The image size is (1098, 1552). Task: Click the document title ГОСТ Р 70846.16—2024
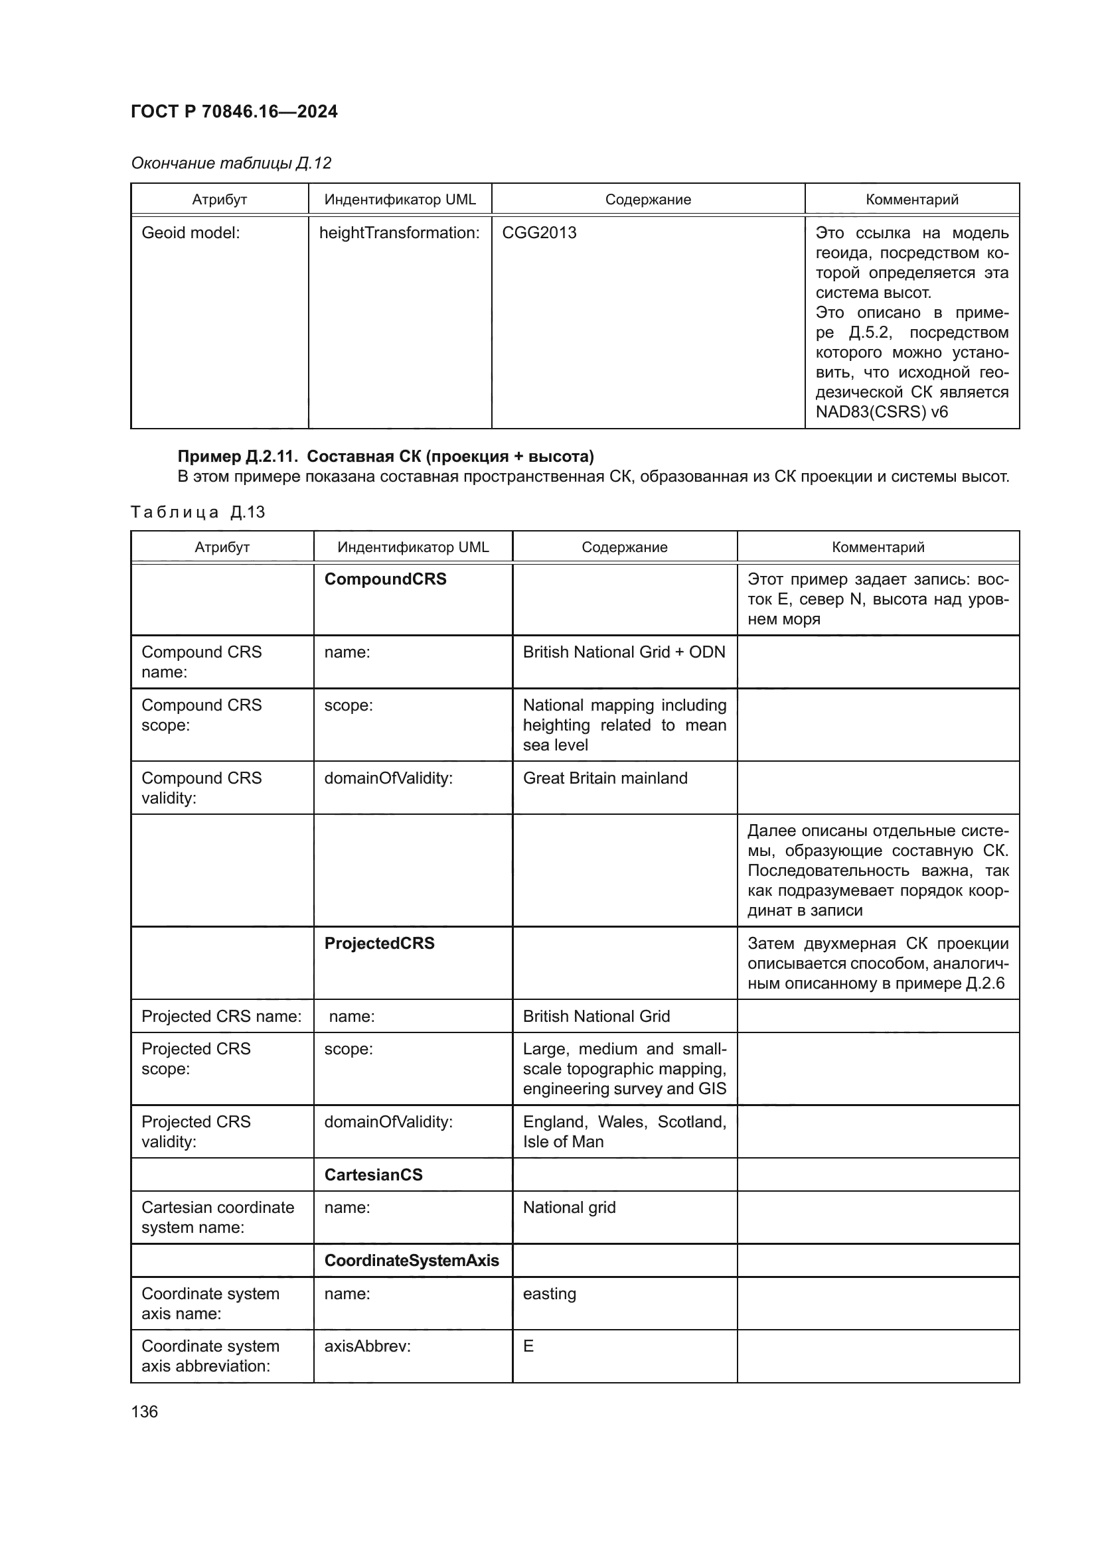click(x=234, y=111)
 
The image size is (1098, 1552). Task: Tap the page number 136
click(x=144, y=1411)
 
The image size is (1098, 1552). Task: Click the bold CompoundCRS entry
click(x=386, y=579)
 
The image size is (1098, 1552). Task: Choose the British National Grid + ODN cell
click(x=623, y=652)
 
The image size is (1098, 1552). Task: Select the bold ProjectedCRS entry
click(x=379, y=944)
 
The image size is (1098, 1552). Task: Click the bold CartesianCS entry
click(x=373, y=1175)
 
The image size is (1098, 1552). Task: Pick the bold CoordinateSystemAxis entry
click(x=411, y=1261)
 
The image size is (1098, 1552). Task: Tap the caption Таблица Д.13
click(x=197, y=512)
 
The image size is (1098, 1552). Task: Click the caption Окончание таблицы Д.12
click(x=230, y=163)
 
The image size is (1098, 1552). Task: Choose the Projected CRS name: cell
click(x=221, y=1017)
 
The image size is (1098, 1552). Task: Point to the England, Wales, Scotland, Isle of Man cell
click(x=624, y=1131)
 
